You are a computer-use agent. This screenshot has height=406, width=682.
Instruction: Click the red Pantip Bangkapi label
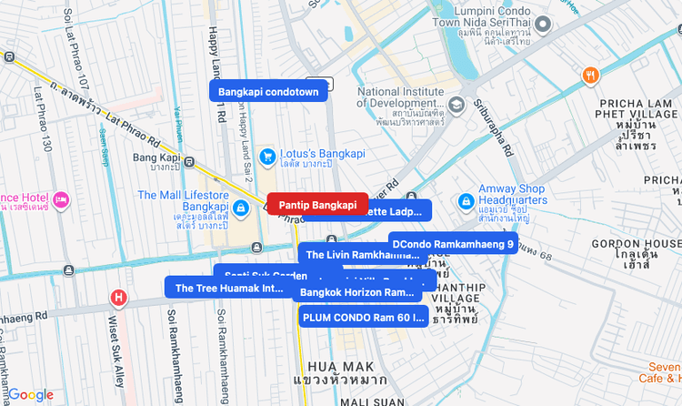(x=317, y=205)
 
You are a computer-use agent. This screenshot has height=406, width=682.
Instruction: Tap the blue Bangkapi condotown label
(x=268, y=91)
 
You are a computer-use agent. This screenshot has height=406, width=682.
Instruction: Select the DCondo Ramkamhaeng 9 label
(x=453, y=244)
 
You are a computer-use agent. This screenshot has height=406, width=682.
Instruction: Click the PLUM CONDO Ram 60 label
(x=363, y=317)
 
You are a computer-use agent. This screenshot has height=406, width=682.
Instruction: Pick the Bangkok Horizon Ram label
(x=356, y=292)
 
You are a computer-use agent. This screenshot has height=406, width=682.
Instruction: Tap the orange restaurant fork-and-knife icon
(x=591, y=76)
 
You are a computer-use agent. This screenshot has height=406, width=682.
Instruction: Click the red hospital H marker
(x=118, y=297)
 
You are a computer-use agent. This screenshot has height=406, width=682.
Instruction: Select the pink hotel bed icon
(x=61, y=198)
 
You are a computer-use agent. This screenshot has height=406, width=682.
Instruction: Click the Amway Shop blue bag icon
(x=465, y=199)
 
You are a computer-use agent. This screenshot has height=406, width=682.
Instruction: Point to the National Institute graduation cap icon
(x=456, y=104)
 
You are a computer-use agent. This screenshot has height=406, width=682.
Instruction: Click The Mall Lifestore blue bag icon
(x=240, y=208)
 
